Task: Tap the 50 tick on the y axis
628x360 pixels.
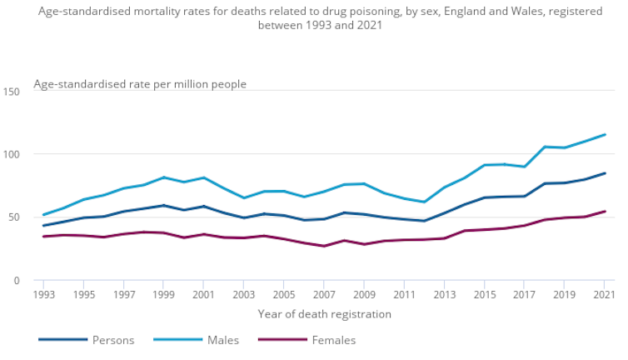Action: [14, 217]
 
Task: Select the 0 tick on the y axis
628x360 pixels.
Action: [17, 281]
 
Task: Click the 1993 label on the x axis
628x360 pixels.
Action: [44, 295]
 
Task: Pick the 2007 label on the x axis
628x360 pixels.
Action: [324, 295]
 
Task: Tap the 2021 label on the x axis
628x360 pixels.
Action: [605, 295]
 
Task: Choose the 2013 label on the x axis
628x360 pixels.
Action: [445, 295]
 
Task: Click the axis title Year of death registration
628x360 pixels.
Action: [324, 314]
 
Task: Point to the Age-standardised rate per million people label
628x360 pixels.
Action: [140, 83]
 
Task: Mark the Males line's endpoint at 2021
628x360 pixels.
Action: [605, 134]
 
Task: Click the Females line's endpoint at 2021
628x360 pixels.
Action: [605, 211]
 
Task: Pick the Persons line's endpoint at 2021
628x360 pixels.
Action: [605, 173]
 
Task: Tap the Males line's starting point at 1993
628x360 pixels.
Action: [44, 215]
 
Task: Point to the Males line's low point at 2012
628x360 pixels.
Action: [425, 202]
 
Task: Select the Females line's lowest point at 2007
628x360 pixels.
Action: [324, 246]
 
